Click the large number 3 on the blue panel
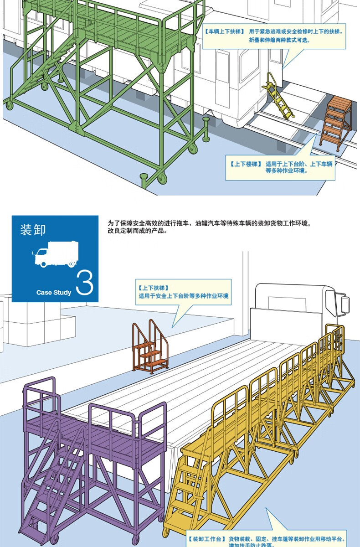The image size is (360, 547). pos(85,283)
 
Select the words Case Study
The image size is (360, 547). pos(54,293)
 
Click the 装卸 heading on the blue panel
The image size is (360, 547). pos(33,229)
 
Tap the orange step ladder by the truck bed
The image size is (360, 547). pos(150,349)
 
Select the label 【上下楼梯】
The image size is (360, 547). pos(246,164)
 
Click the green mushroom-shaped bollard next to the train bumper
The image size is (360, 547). pos(206,128)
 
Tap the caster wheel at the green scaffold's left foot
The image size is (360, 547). pos(9,106)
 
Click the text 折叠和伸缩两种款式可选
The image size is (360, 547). pos(278,40)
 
